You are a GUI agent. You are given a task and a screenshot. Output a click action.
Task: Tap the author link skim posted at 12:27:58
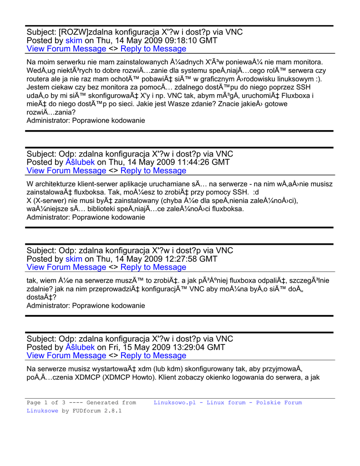[74, 259]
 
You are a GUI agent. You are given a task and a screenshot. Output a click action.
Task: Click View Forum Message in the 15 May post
[66, 355]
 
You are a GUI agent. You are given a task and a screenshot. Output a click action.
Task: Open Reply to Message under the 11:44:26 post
[153, 171]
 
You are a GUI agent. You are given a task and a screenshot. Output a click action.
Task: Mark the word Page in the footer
[34, 403]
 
